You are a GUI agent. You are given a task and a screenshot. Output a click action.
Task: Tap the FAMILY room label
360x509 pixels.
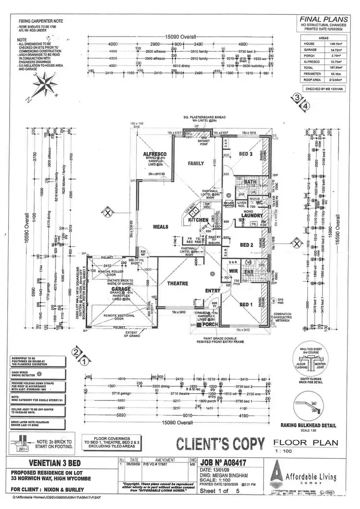(x=196, y=164)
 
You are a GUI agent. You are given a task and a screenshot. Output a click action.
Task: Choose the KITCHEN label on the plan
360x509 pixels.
(x=198, y=220)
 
